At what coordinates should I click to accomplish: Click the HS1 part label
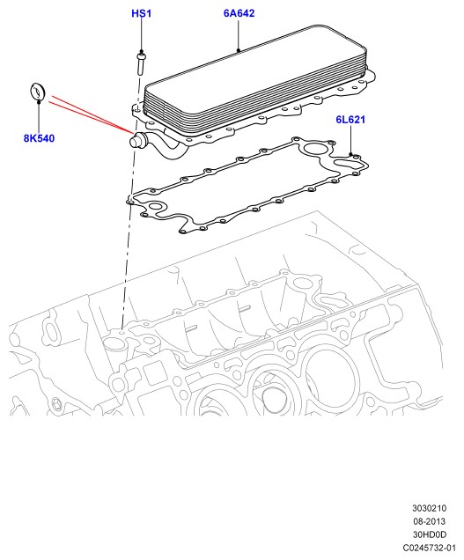click(x=142, y=13)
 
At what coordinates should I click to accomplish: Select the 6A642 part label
click(x=239, y=13)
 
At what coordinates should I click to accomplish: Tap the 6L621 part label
click(x=350, y=119)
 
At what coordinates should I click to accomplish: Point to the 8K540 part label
click(x=39, y=138)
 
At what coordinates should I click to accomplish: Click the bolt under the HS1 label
click(x=141, y=64)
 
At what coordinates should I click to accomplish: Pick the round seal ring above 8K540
click(x=37, y=92)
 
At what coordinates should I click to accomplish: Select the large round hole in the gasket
click(x=314, y=148)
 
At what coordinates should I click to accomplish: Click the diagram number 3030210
click(x=430, y=508)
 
